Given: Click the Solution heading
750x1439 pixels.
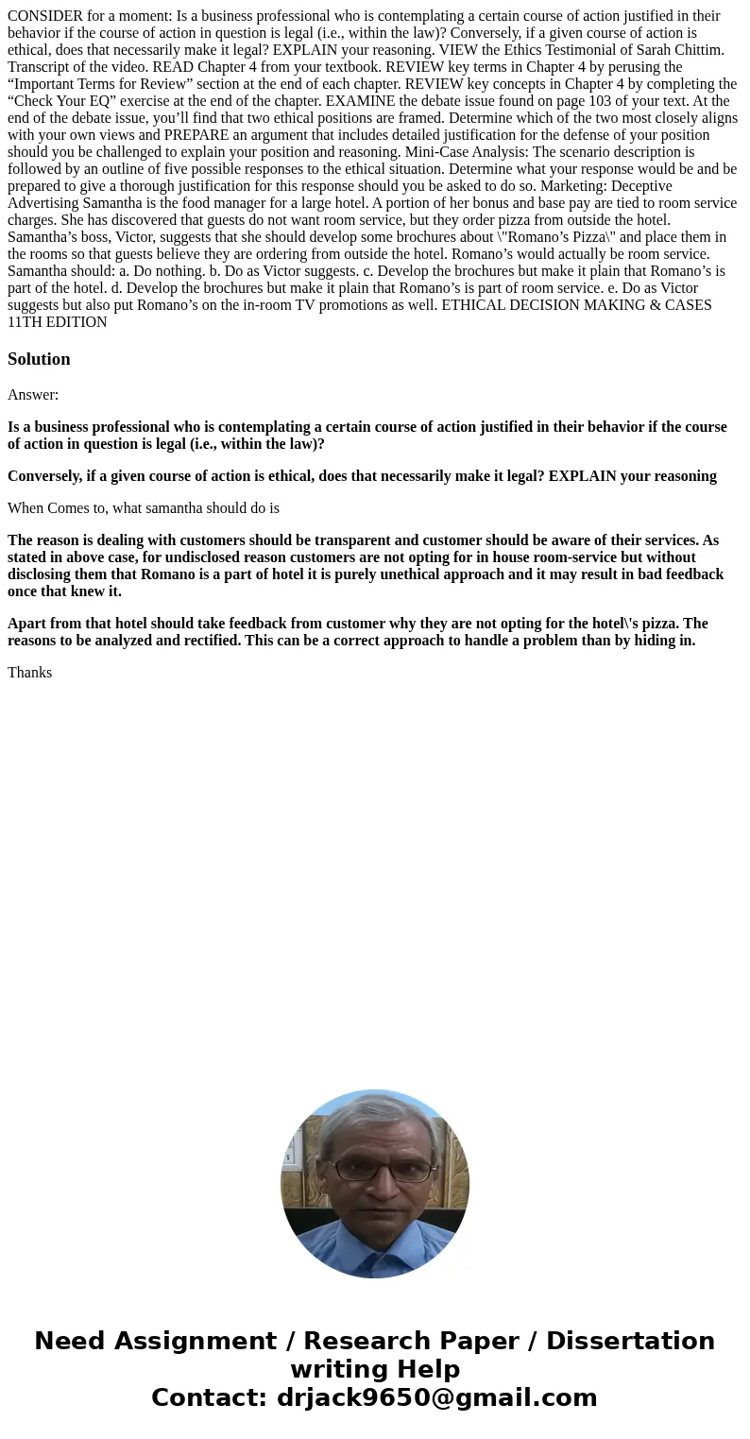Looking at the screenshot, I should (x=39, y=359).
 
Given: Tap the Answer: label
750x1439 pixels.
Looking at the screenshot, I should (x=33, y=395).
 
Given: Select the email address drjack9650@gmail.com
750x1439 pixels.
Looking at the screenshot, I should (x=436, y=1398).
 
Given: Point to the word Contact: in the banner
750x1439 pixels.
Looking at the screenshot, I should (x=210, y=1398).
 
